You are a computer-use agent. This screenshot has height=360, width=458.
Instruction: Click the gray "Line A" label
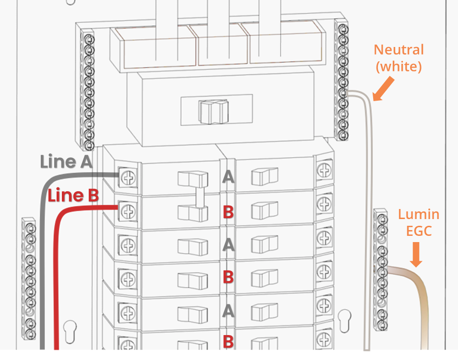(x=66, y=162)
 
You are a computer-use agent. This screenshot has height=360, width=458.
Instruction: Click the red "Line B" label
(x=73, y=195)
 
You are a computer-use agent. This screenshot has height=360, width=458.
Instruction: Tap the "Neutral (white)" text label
(x=399, y=58)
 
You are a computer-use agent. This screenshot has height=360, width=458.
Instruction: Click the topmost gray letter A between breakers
(x=228, y=177)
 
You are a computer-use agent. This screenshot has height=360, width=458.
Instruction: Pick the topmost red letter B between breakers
(x=228, y=211)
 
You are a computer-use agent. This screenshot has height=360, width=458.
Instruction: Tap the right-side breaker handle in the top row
(x=264, y=177)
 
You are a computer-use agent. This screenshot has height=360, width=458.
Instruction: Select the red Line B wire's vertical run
(x=58, y=288)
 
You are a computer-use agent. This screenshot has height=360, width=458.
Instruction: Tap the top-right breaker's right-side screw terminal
(x=324, y=169)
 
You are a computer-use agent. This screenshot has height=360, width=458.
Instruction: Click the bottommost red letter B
(x=228, y=341)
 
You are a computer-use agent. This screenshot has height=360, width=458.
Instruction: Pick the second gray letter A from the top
(x=228, y=245)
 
